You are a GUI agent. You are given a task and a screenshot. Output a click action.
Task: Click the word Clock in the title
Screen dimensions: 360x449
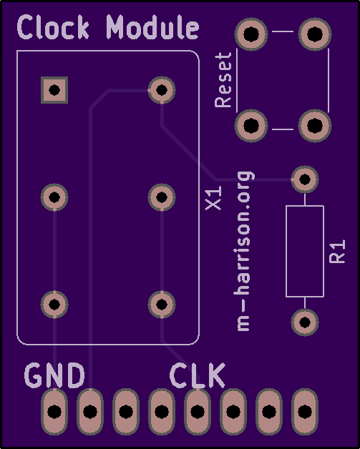53,27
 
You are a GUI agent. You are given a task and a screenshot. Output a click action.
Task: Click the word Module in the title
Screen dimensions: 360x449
152,27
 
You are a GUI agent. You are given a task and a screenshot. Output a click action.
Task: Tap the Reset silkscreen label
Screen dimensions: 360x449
223,80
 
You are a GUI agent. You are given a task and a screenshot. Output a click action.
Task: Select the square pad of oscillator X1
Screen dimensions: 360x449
54,90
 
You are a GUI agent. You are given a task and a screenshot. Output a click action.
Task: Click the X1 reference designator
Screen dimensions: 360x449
213,197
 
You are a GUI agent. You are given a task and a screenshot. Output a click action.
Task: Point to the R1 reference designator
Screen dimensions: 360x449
337,252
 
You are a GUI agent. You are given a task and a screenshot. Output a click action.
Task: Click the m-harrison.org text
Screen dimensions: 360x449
244,251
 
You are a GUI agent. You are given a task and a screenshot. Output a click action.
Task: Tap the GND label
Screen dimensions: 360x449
54,375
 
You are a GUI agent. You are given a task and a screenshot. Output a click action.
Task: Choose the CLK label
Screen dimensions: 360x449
198,375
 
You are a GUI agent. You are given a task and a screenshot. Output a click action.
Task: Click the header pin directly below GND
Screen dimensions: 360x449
54,412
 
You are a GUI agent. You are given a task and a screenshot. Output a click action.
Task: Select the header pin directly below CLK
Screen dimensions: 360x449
198,412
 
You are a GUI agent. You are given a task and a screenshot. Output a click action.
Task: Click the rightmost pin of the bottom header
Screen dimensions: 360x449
305,412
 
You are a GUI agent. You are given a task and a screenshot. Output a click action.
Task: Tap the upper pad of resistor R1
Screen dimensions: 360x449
305,179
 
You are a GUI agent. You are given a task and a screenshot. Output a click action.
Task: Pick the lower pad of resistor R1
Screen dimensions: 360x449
305,322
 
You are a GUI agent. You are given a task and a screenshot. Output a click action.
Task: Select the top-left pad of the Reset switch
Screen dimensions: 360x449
251,34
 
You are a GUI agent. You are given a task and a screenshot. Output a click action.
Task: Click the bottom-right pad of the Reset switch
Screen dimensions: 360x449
315,125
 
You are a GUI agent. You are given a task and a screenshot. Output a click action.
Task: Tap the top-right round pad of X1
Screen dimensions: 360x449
162,90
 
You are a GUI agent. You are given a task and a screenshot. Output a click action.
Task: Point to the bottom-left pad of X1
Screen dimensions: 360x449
54,305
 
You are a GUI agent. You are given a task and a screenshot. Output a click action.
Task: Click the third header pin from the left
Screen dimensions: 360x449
126,412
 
